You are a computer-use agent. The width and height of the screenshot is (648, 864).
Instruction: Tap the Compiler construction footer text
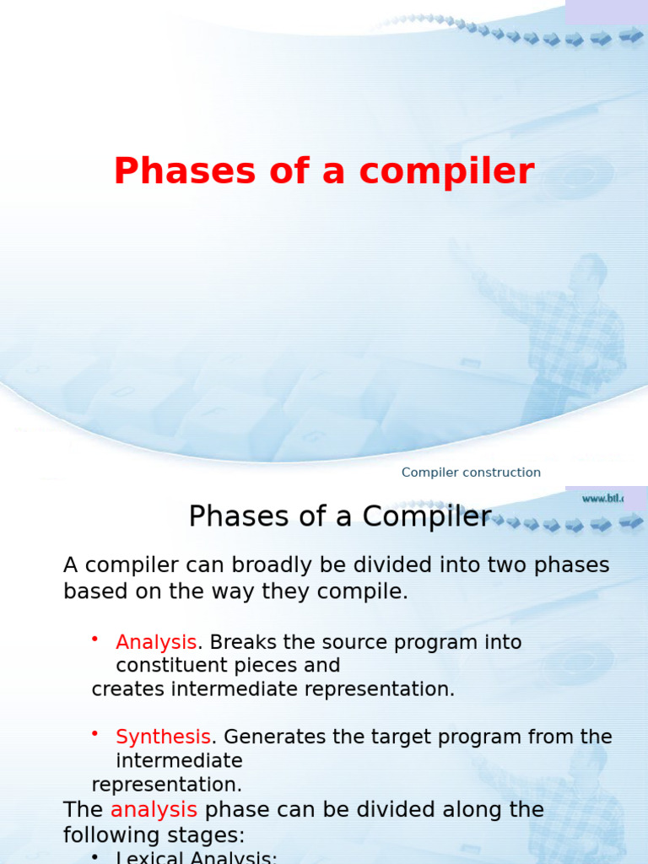(471, 472)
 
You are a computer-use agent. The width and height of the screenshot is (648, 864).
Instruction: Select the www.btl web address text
(602, 499)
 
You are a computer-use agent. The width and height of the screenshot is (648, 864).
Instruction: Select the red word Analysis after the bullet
(156, 642)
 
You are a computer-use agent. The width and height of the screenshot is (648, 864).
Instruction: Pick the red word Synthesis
(163, 737)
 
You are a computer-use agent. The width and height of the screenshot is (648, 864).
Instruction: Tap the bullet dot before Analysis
(96, 640)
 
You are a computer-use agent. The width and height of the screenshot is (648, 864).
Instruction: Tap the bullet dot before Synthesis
(96, 735)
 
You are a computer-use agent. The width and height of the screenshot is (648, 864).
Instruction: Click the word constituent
(175, 666)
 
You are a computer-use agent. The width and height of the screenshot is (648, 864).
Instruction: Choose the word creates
(128, 689)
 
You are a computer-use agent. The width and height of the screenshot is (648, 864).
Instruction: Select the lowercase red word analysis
(154, 810)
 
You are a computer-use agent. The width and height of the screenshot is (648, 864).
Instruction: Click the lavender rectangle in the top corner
(606, 12)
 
